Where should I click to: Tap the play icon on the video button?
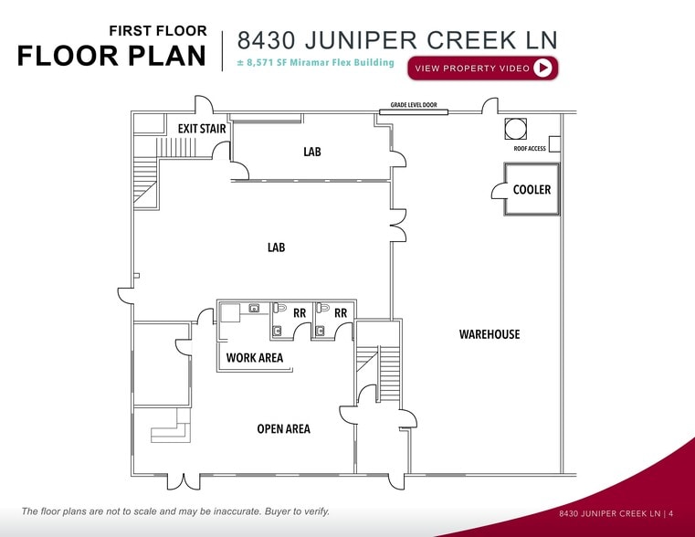click(543, 68)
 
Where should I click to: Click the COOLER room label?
click(532, 190)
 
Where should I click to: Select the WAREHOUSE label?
click(489, 334)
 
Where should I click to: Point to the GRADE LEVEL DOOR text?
click(414, 105)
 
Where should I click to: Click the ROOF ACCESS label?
click(530, 149)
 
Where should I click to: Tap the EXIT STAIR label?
click(202, 129)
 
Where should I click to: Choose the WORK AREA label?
click(255, 358)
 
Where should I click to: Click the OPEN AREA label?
click(283, 428)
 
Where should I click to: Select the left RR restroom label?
click(300, 312)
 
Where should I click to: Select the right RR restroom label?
click(341, 312)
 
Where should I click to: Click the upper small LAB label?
click(312, 152)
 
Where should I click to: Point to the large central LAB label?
click(276, 247)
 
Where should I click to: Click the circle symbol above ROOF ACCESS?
click(512, 127)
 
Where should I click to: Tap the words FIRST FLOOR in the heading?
click(158, 31)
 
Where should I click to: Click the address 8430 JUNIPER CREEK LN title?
click(397, 40)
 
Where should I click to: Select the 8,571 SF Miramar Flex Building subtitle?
click(315, 63)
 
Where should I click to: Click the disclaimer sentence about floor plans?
click(175, 511)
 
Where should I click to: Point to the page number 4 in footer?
click(670, 514)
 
